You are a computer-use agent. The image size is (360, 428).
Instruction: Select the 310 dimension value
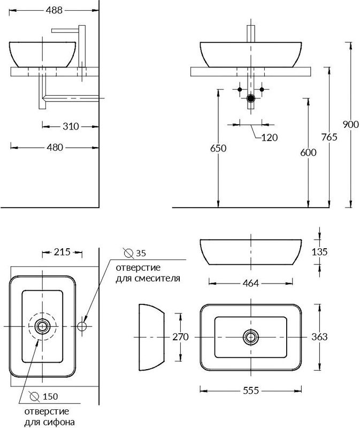(x=70, y=126)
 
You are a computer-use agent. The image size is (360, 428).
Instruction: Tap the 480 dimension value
(x=55, y=147)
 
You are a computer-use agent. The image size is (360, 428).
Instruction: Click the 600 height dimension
(x=309, y=152)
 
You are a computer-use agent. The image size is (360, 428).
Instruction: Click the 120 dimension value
(x=270, y=137)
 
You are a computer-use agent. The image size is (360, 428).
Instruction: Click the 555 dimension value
(x=250, y=391)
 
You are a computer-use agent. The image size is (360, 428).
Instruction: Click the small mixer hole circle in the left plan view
(x=83, y=325)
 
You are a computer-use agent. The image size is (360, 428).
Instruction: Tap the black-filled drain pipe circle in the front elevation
(x=251, y=98)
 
